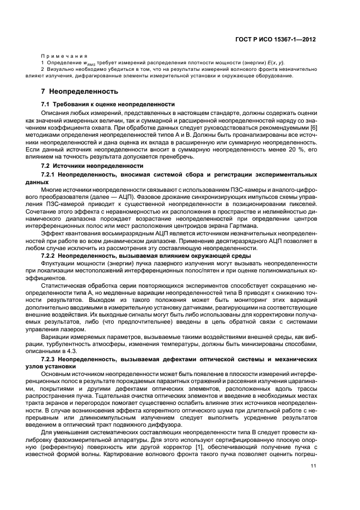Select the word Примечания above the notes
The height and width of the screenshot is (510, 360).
coord(64,56)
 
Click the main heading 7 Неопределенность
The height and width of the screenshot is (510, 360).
coord(80,91)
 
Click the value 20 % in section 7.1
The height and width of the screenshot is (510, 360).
coord(292,149)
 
